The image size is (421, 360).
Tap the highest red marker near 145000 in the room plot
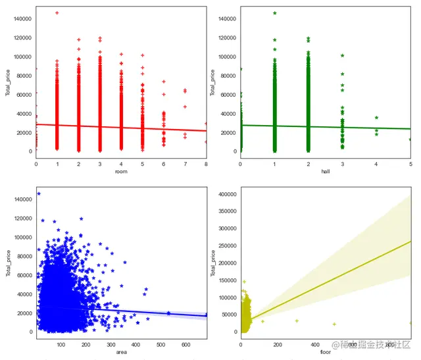[x=57, y=13]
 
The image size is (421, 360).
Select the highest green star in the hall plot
[x=274, y=13]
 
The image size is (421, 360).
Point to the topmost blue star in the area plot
[x=39, y=193]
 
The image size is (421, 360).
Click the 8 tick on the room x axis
[x=206, y=163]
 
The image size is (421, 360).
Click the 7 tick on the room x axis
[x=185, y=163]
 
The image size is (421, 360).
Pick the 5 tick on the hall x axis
[x=410, y=163]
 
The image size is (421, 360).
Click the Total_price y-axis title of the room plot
[x=8, y=82]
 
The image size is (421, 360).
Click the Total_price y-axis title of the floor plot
[x=212, y=263]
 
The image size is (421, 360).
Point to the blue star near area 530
[x=169, y=313]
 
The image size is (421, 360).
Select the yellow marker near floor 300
[x=297, y=321]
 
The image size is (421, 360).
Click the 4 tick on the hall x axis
[x=376, y=163]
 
